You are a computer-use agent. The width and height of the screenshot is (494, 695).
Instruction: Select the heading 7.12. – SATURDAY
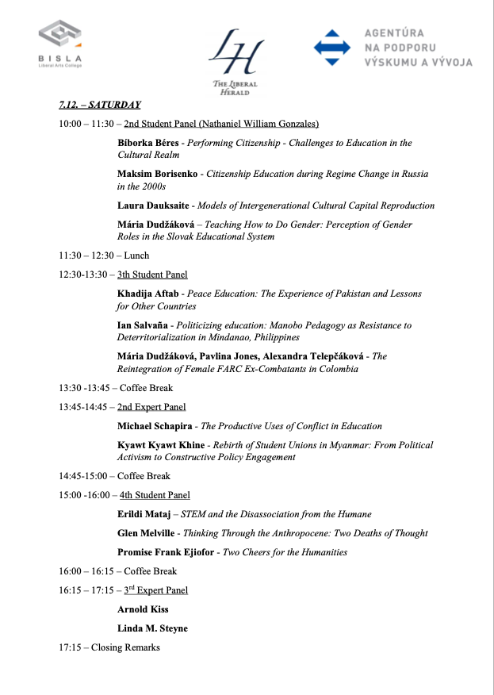point(99,105)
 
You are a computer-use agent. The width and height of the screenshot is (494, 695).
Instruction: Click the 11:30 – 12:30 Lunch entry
point(104,255)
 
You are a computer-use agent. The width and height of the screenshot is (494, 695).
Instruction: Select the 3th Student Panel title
point(152,275)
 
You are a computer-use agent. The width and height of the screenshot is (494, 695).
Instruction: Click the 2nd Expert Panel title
point(151,407)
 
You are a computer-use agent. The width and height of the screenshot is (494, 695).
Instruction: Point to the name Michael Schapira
point(155,426)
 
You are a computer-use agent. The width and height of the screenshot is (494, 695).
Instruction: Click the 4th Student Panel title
point(155,495)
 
